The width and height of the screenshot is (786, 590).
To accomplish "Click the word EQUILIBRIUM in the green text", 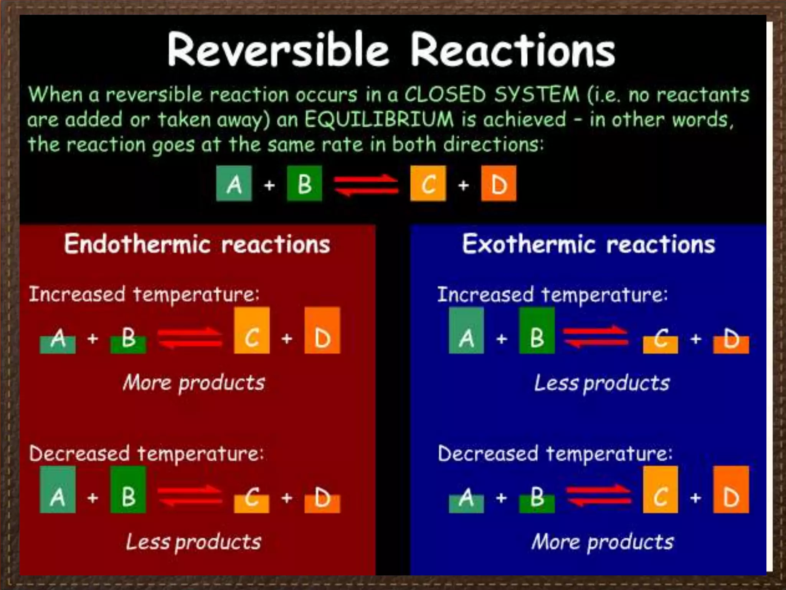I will point(379,119).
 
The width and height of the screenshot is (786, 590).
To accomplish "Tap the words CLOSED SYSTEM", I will point(492,94).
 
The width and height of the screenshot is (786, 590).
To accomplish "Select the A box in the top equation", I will point(234,184).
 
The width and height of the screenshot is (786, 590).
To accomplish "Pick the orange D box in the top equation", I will point(499,184).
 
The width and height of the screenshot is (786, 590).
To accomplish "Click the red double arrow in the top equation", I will point(366,184).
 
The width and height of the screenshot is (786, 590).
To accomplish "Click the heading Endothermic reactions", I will point(197,244).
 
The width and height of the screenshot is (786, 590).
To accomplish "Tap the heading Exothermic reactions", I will point(589,244).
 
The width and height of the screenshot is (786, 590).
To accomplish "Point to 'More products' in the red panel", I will point(194,383).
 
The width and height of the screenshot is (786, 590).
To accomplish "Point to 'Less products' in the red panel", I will point(194,542).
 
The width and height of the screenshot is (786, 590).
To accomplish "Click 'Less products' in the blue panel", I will point(602,383).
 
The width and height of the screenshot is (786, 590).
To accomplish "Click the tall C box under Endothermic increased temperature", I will point(252,330).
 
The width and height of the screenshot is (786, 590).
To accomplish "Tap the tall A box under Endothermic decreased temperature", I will point(58,489).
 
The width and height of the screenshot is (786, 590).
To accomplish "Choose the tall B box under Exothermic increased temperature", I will point(537,330).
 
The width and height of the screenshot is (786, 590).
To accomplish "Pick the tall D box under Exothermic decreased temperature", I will point(731,489).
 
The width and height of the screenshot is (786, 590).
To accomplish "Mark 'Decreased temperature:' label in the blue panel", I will point(555,454).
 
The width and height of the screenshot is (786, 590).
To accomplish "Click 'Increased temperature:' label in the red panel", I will point(144,295).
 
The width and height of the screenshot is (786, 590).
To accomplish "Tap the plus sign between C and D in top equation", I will point(464,185).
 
